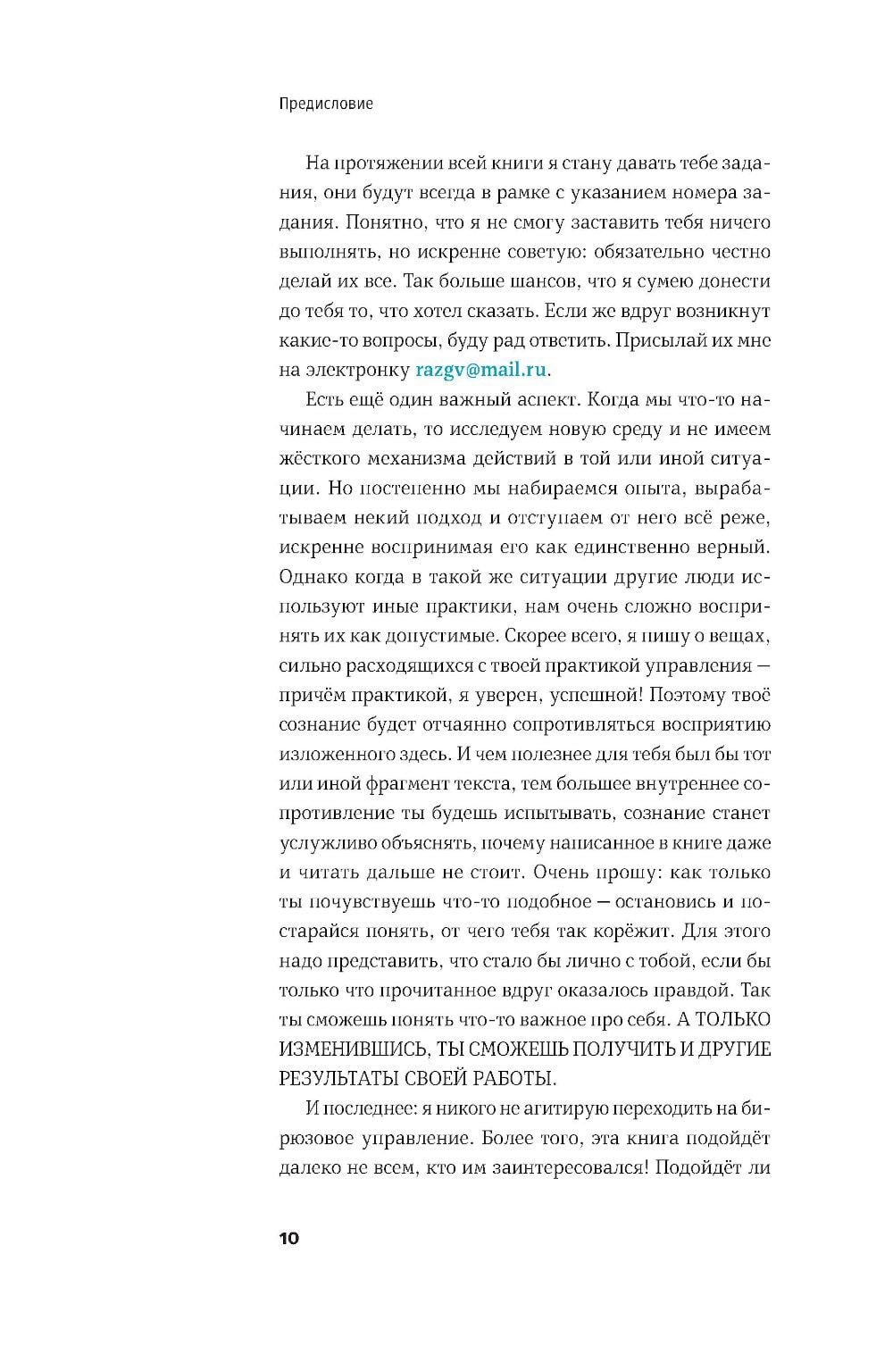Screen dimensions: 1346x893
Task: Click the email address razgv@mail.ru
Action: [483, 370]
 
